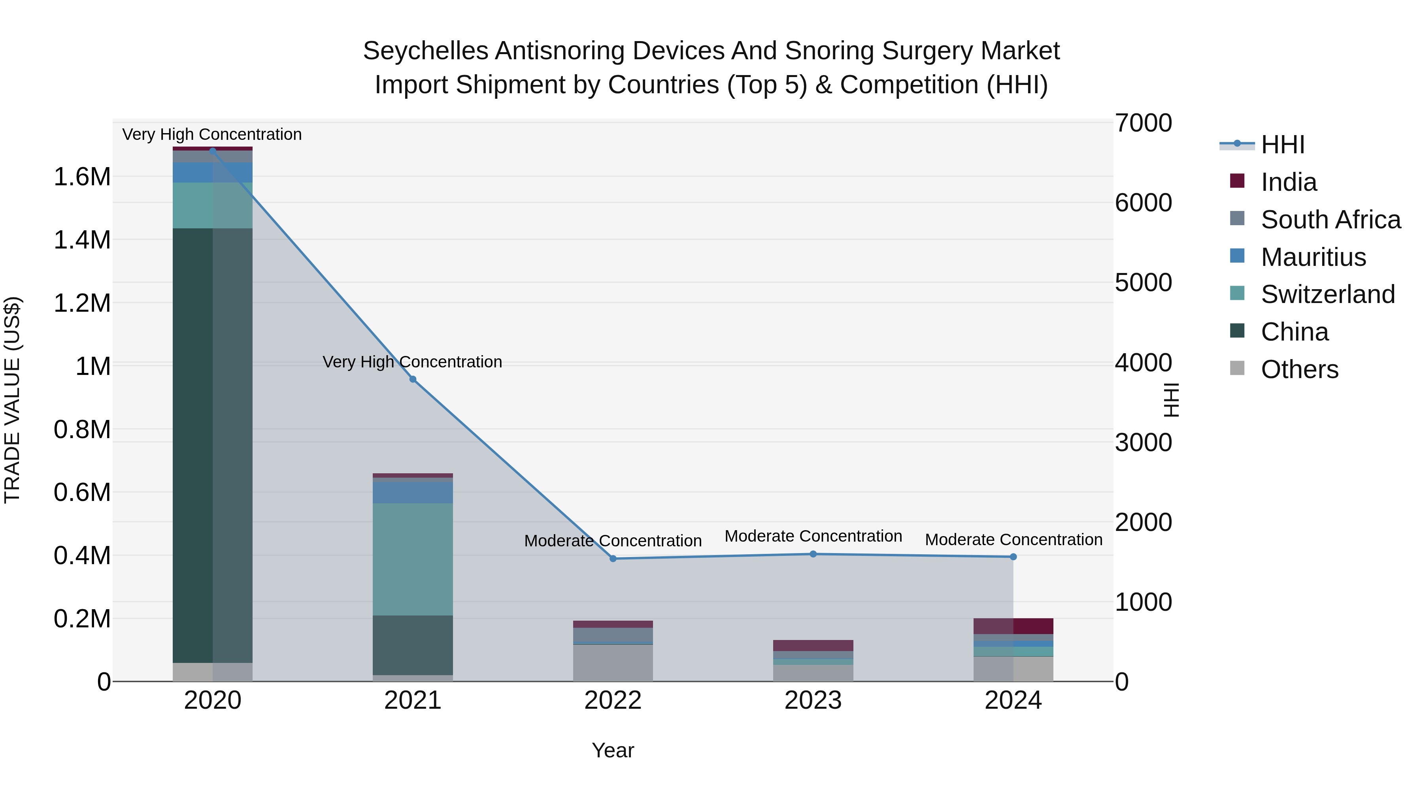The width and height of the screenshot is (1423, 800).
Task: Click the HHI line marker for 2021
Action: pos(413,379)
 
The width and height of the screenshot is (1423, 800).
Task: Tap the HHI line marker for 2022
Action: pos(613,559)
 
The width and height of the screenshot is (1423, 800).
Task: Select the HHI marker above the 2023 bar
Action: pos(813,554)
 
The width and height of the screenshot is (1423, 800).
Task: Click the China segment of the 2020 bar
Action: pos(213,445)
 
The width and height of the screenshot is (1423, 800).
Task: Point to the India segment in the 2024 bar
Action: pos(1013,626)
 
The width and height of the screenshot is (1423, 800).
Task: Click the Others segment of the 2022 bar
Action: pos(613,663)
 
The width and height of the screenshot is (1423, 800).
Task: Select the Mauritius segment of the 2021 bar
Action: pos(413,493)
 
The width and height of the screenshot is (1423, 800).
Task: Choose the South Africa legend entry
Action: pos(1330,220)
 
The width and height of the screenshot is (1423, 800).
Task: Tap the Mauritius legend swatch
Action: pos(1237,256)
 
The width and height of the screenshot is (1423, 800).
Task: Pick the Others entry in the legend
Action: pos(1299,369)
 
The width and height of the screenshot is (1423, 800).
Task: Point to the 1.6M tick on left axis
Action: pos(82,177)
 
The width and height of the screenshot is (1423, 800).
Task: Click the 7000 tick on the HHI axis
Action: pos(1143,123)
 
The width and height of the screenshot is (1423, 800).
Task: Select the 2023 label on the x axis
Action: pos(813,700)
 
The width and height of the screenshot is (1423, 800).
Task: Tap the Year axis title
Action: pos(613,750)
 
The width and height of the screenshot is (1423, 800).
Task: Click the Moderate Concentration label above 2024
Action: pos(1013,539)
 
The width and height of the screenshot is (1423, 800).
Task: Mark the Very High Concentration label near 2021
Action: pos(413,362)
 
